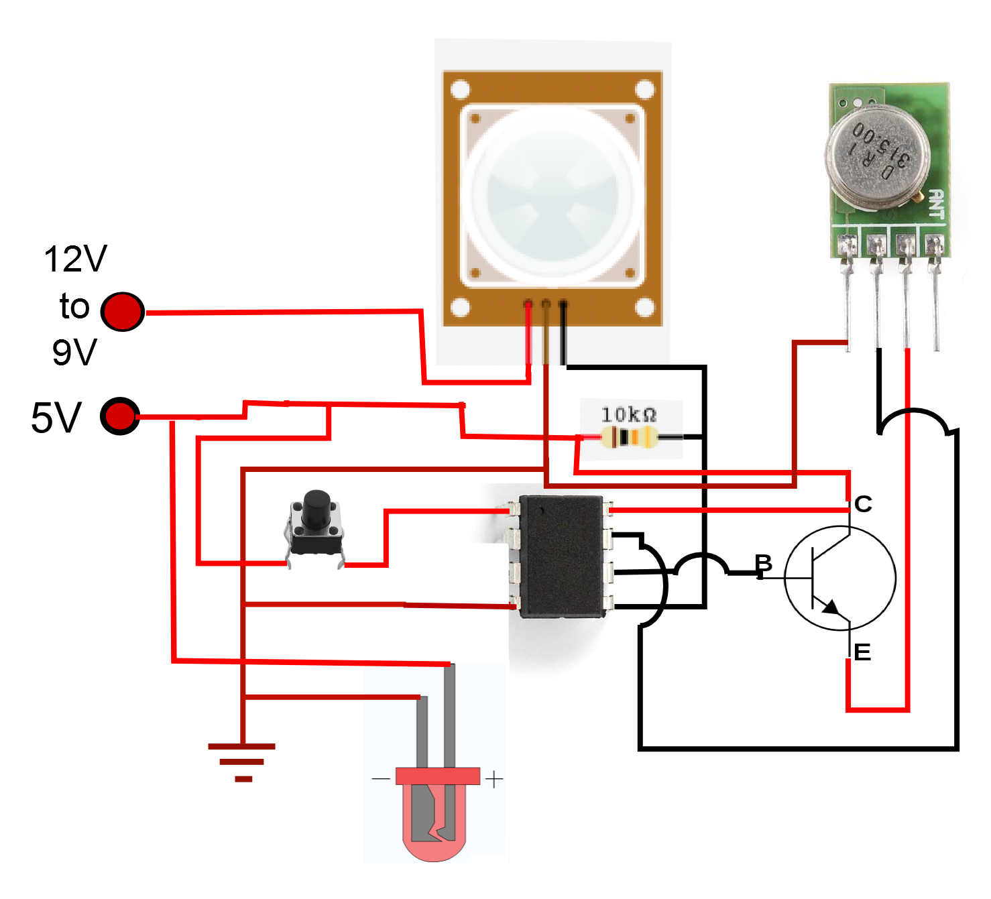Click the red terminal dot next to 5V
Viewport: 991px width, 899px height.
(x=120, y=416)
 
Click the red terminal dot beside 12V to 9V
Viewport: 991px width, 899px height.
(x=123, y=312)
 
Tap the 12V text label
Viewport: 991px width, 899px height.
(x=75, y=259)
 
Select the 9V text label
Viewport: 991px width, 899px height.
(x=74, y=352)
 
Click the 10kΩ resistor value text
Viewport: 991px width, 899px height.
(x=628, y=414)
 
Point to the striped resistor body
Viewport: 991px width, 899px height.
(x=629, y=438)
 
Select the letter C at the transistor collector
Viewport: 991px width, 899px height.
(x=863, y=504)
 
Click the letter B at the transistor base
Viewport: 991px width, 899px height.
(x=763, y=563)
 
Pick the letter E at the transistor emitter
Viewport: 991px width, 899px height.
(x=862, y=652)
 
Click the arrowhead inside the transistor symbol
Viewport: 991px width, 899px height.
(x=831, y=607)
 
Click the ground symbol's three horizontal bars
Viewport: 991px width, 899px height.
(x=242, y=762)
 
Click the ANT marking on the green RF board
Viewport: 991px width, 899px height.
(x=936, y=204)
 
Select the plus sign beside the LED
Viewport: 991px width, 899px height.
(x=493, y=780)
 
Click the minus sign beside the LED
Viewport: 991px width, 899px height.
(x=380, y=779)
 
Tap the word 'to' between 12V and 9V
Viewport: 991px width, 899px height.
(x=74, y=306)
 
